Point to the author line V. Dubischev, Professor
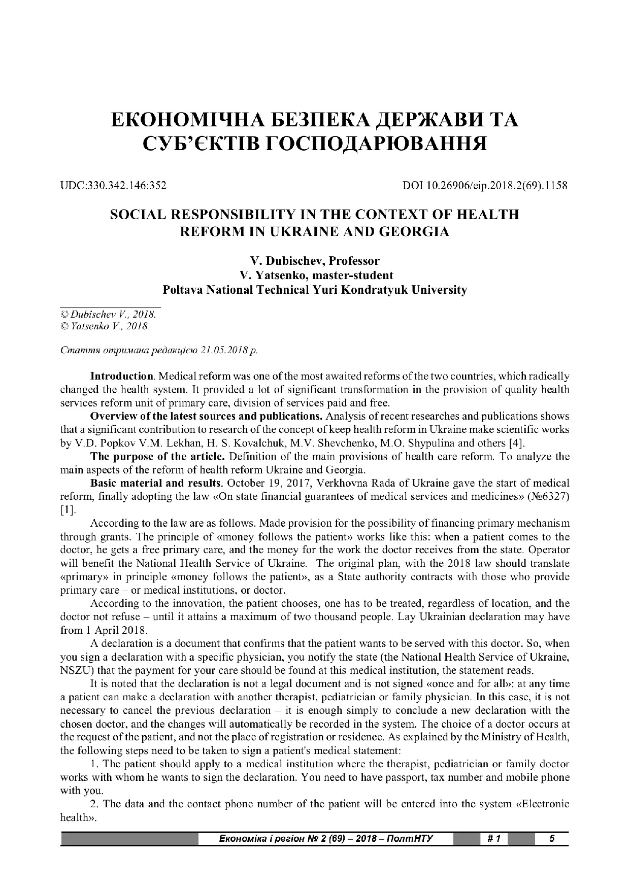tap(315, 261)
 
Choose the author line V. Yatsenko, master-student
tap(315, 276)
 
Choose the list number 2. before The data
tap(93, 804)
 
